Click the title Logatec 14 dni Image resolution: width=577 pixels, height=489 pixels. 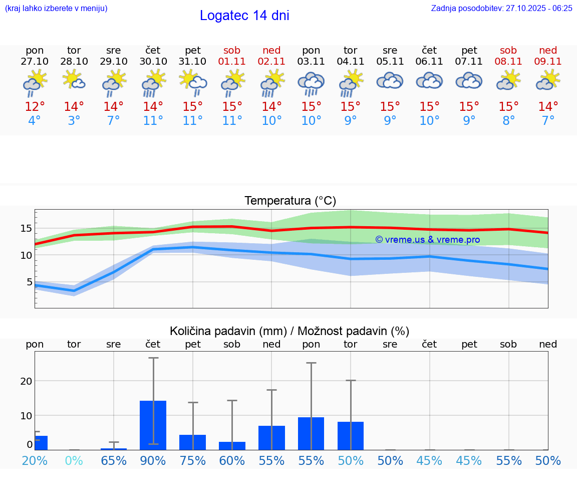pyautogui.click(x=244, y=16)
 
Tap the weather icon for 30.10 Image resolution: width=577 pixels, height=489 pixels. pyautogui.click(x=153, y=83)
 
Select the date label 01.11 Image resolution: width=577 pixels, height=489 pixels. pyautogui.click(x=232, y=61)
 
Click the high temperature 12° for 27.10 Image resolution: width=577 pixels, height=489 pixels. pyautogui.click(x=35, y=106)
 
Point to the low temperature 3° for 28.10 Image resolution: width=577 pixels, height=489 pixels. pyautogui.click(x=74, y=121)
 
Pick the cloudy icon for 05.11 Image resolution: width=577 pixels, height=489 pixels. pyautogui.click(x=390, y=81)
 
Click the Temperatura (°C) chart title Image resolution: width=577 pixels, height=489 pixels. pyautogui.click(x=290, y=201)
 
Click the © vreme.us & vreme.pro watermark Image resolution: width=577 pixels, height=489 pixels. pyautogui.click(x=427, y=240)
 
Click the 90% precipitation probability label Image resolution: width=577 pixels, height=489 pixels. pyautogui.click(x=153, y=460)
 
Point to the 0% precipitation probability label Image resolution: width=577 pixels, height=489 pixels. pyautogui.click(x=74, y=460)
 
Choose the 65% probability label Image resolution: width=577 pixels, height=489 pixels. pyautogui.click(x=114, y=460)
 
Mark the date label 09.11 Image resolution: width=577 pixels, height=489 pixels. pyautogui.click(x=548, y=61)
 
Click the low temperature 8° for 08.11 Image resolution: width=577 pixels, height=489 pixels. pyautogui.click(x=508, y=121)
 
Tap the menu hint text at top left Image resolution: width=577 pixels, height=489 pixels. pyautogui.click(x=56, y=8)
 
